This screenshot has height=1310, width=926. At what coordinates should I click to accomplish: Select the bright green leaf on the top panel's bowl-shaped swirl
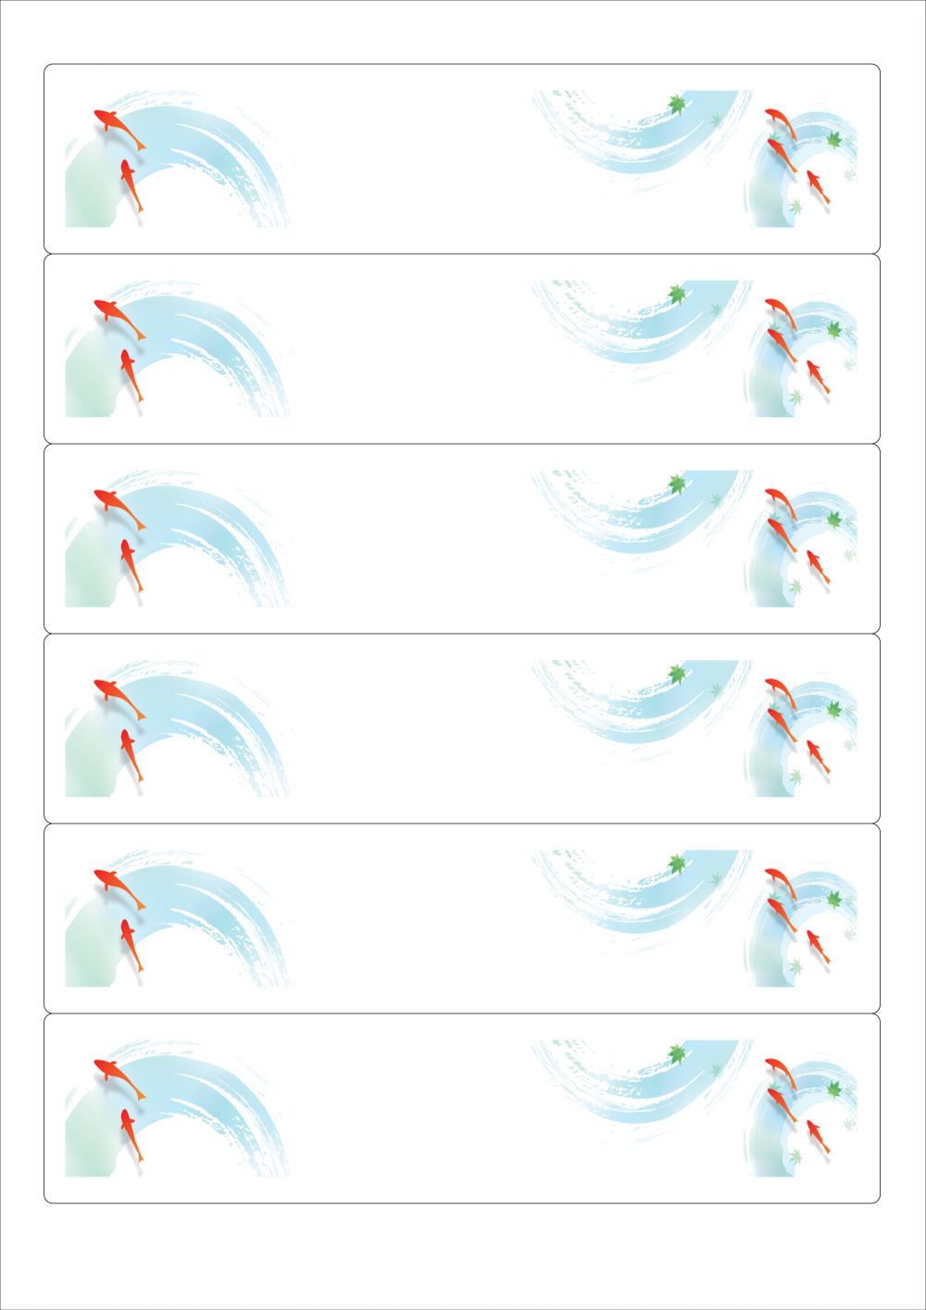click(677, 104)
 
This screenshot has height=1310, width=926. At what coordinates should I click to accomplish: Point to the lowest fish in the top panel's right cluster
click(817, 188)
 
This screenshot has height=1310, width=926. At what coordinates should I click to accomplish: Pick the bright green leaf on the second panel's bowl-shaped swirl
click(677, 294)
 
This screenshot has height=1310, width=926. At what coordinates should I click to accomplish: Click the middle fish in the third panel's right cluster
click(782, 535)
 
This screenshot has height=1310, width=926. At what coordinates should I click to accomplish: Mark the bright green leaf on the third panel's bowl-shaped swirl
click(677, 484)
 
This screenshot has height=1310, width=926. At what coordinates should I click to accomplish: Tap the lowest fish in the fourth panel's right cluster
click(817, 758)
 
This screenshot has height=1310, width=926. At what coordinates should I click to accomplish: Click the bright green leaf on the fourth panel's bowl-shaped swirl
click(677, 674)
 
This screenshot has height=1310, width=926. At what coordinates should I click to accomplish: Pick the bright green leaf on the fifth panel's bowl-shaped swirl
click(677, 863)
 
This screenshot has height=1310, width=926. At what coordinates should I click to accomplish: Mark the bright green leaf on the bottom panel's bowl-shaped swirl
click(677, 1053)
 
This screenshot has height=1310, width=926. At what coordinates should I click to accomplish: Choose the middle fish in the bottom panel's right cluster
click(782, 1105)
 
